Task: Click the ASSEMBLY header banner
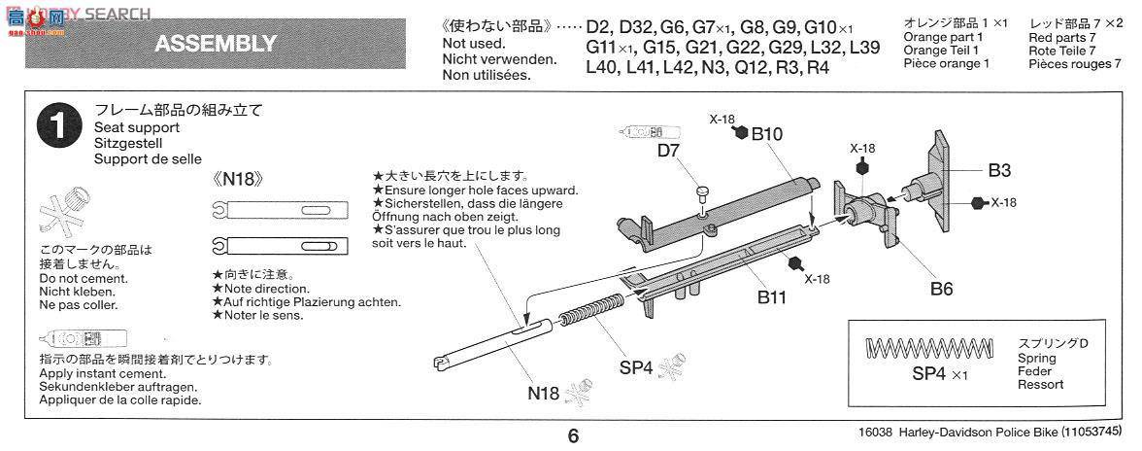pos(216,44)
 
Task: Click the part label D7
pos(668,152)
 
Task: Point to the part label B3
pos(1000,171)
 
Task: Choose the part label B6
pos(942,288)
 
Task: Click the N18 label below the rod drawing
pos(544,394)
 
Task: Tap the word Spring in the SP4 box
pos(1037,358)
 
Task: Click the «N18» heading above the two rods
pos(238,180)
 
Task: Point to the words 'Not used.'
pos(473,44)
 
